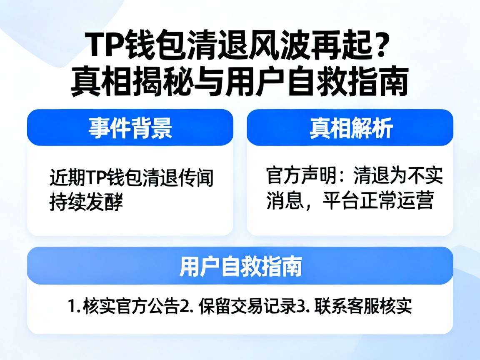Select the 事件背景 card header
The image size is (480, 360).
pos(130,127)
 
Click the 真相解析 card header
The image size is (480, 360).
pos(350,127)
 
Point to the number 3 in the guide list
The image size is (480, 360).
pos(300,307)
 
